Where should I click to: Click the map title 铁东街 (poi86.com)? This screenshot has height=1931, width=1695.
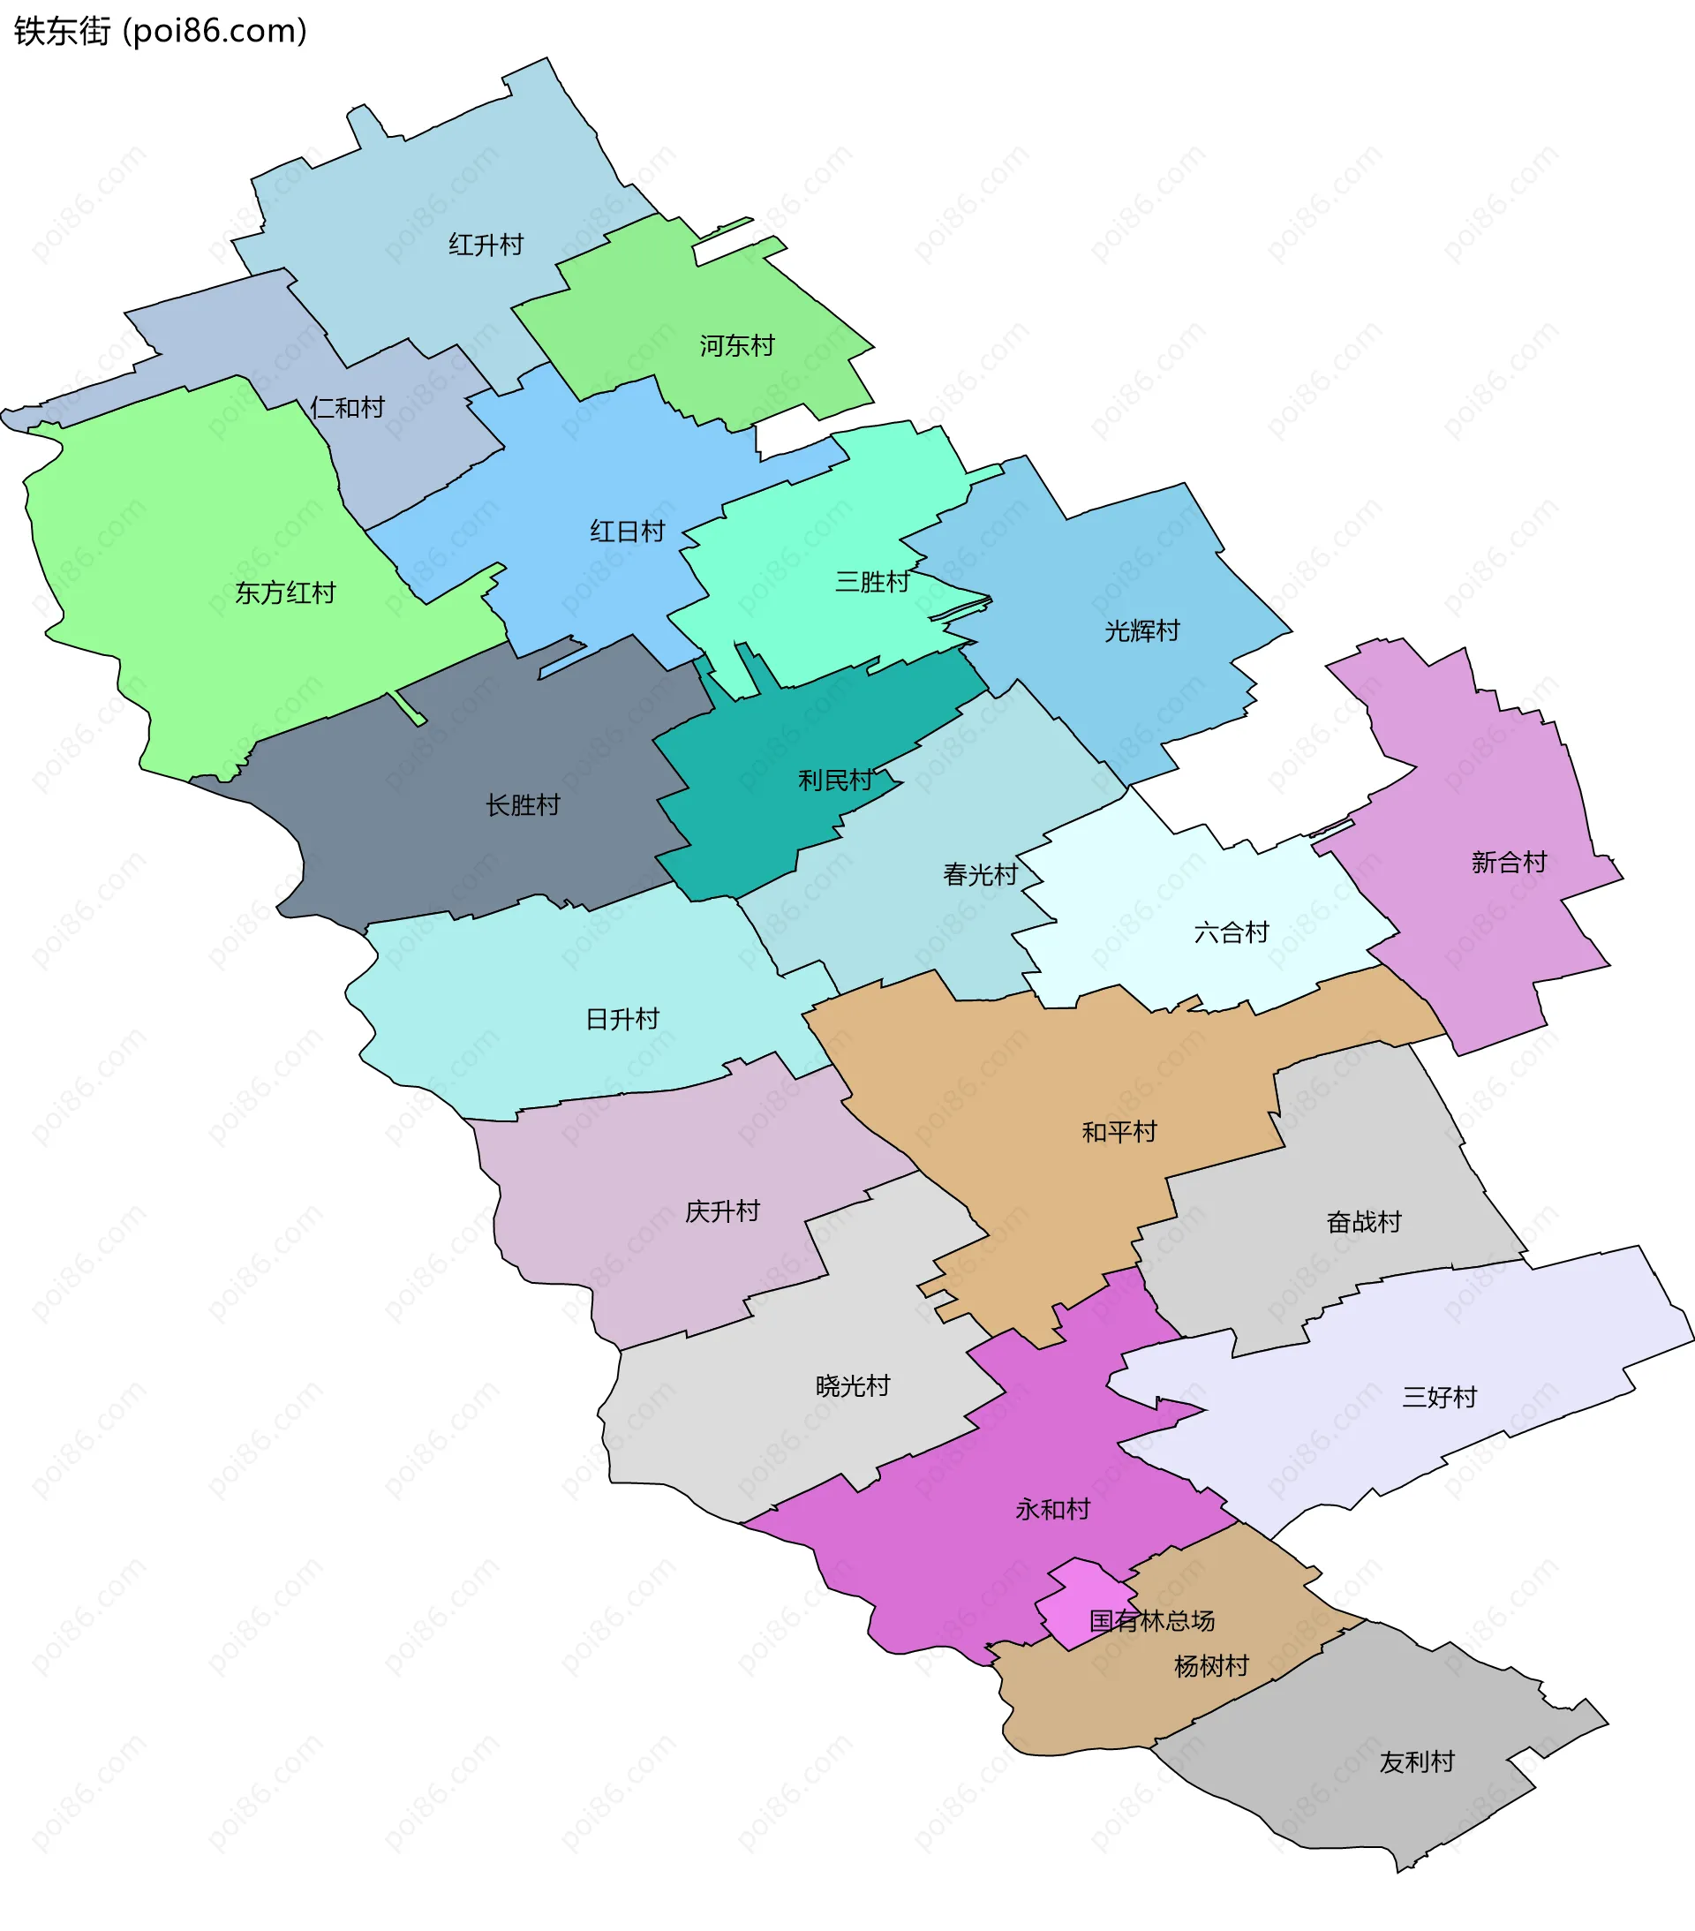point(161,31)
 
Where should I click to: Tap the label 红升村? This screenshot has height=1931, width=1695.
point(486,245)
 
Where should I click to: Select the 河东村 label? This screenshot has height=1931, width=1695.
point(737,347)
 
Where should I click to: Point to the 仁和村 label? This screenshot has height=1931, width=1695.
point(348,408)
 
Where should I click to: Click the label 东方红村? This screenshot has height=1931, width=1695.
point(285,593)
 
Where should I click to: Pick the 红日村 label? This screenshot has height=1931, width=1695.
point(628,532)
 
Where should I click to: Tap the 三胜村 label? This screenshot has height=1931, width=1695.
point(872,582)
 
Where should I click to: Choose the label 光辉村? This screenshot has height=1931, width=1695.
point(1142,631)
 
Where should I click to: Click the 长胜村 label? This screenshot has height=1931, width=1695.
point(523,806)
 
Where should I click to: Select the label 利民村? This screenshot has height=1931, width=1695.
point(835,781)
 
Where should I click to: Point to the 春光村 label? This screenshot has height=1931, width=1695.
point(980,875)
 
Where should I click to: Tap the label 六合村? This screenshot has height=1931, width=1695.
point(1232,933)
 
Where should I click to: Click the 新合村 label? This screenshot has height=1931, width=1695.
point(1509,863)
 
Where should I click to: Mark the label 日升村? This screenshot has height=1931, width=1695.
point(622,1019)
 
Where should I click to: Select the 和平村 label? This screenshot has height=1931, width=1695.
point(1119,1132)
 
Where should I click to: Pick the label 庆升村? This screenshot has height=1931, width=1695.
point(722,1211)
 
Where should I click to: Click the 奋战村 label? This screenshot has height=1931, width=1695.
point(1363,1223)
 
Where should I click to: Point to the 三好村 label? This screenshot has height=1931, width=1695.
point(1439,1397)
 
